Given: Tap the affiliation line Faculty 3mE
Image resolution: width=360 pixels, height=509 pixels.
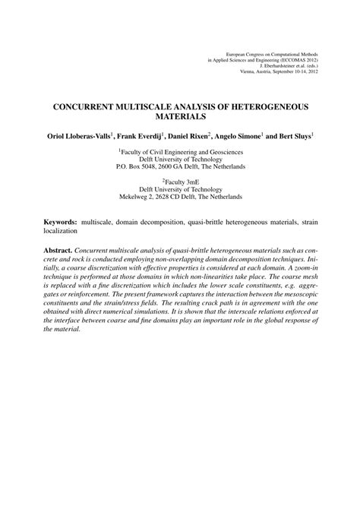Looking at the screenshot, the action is click(x=181, y=180).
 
